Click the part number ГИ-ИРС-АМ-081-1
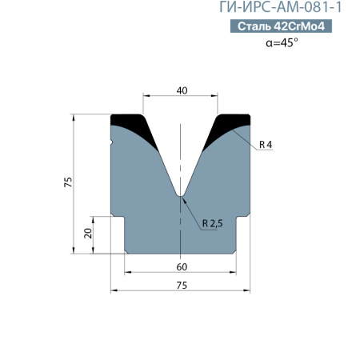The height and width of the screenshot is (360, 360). (280, 7)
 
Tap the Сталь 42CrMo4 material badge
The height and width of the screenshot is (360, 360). (281, 26)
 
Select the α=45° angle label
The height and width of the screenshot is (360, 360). (282, 42)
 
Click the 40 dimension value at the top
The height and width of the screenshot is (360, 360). (182, 90)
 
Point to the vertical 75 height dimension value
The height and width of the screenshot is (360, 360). (68, 182)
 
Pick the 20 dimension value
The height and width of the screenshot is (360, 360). (88, 234)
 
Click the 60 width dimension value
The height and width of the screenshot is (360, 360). (182, 267)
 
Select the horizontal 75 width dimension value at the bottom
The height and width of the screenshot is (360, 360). (182, 286)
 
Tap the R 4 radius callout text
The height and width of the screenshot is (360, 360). (266, 145)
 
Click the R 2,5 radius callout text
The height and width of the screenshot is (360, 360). (212, 223)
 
